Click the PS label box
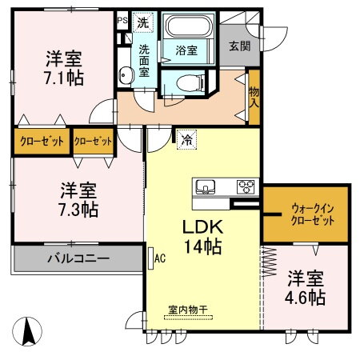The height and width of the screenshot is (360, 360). [122, 21]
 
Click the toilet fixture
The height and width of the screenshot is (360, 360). [180, 81]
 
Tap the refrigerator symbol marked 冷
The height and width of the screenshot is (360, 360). [186, 138]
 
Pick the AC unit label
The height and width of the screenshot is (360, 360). [158, 258]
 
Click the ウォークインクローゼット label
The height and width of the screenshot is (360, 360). [306, 214]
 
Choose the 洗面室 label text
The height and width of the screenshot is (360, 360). [145, 59]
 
